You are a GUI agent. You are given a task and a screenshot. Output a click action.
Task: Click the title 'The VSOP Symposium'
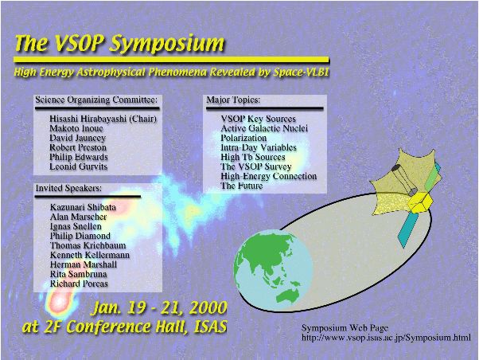coord(119,43)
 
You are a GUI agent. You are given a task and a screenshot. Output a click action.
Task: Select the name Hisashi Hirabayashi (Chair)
coord(103,119)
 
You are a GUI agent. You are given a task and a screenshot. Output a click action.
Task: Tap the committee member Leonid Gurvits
coord(79,166)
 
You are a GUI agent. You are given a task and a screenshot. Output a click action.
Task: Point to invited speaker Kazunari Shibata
coord(83,207)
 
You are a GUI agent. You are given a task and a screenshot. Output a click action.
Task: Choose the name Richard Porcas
coord(79,284)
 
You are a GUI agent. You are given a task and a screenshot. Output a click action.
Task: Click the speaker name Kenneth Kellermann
coord(90,255)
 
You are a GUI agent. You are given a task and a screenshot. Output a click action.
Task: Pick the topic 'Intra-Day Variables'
coord(259,147)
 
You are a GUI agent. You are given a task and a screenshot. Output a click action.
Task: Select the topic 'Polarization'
coord(243,138)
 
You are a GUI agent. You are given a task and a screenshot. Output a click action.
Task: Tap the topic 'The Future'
coord(242,186)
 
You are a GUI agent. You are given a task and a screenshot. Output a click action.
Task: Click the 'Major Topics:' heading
coord(233,100)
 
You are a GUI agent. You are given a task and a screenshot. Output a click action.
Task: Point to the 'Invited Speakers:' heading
coord(68,188)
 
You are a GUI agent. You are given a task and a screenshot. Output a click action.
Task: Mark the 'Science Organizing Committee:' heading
coord(96,100)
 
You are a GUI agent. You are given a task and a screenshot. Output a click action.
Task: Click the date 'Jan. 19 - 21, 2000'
coord(160,307)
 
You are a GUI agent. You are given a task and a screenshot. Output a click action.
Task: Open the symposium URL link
coord(386,338)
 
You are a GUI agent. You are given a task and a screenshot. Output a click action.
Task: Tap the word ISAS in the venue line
coord(211,327)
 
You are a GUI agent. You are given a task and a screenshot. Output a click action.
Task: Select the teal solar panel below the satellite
coord(410,229)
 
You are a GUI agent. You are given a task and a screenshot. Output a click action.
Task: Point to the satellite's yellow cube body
coord(421,202)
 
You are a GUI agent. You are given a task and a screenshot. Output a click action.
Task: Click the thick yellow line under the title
coord(171,60)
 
